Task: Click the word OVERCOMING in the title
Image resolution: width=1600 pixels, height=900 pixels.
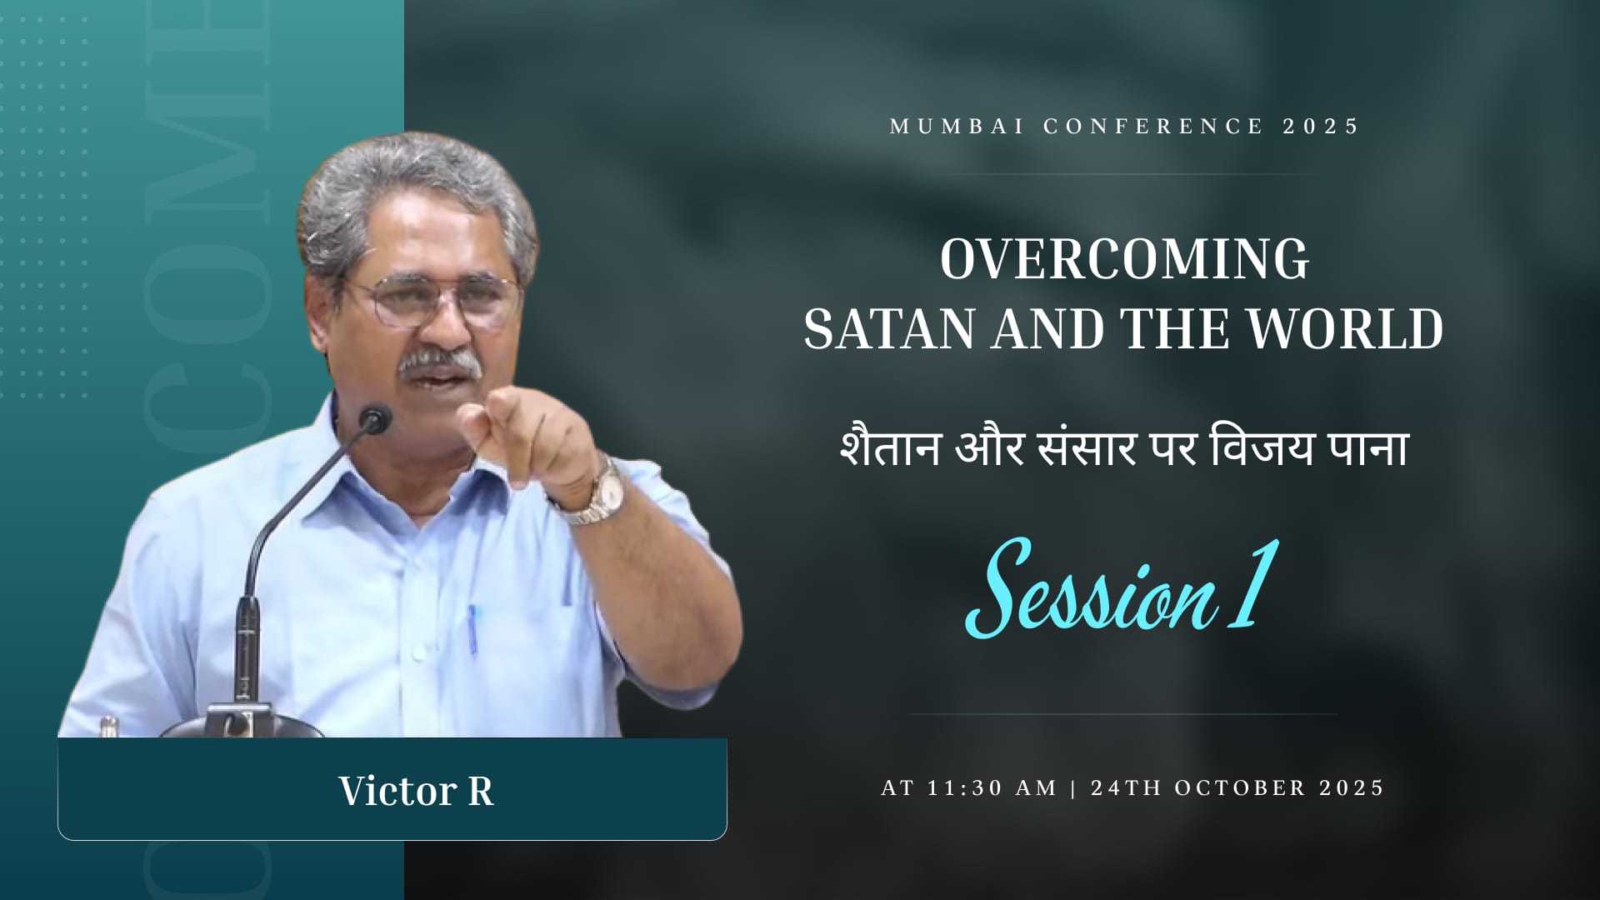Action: (x=1124, y=259)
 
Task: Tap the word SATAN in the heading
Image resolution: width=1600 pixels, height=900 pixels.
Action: (x=888, y=329)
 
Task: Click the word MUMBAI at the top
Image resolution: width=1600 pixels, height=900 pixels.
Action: (x=957, y=127)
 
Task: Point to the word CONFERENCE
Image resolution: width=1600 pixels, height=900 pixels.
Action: (x=1154, y=127)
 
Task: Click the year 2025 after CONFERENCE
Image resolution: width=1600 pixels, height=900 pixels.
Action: (x=1321, y=127)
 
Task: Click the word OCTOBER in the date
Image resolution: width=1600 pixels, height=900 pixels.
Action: (x=1240, y=788)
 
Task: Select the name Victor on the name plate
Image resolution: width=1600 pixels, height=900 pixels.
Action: (x=397, y=791)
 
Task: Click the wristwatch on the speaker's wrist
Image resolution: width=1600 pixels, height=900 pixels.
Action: (x=602, y=493)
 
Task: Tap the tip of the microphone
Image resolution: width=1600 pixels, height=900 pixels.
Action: (x=377, y=418)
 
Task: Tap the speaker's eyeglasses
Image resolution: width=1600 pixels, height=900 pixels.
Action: (x=435, y=300)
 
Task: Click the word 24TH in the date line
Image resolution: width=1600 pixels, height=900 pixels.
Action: (x=1127, y=788)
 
